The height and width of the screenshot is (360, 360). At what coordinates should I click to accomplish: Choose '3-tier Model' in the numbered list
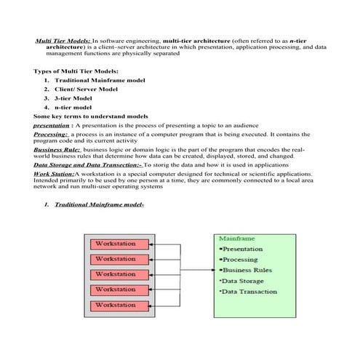coord(73,97)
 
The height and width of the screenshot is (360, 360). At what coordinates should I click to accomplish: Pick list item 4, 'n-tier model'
coord(73,107)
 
